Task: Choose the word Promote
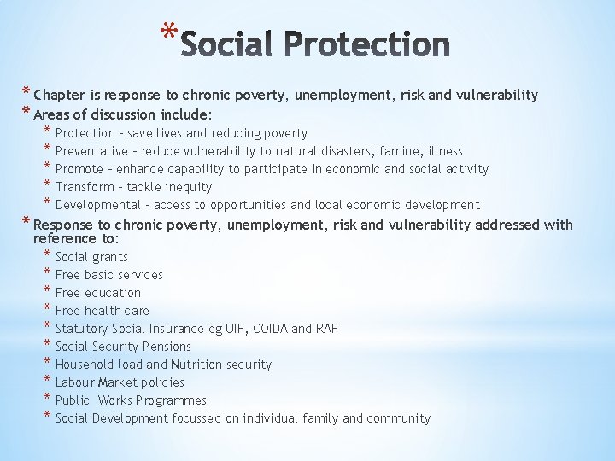(79, 169)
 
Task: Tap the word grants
(110, 257)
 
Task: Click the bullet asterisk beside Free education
(47, 292)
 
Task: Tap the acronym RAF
(326, 329)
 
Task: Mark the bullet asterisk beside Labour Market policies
(47, 382)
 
